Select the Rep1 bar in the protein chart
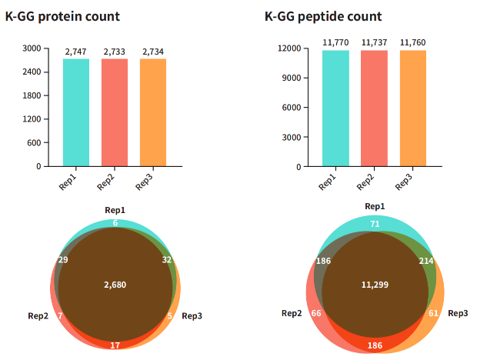click(76, 112)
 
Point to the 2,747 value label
click(76, 52)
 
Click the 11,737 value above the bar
click(374, 43)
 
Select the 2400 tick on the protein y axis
click(32, 72)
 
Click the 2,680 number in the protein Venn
click(115, 285)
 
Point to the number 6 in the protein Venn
click(115, 223)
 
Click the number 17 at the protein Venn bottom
click(115, 345)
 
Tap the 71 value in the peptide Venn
click(375, 224)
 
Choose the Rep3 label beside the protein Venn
click(192, 315)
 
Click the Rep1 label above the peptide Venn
click(375, 206)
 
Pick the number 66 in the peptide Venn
click(315, 314)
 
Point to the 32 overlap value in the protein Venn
click(167, 260)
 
